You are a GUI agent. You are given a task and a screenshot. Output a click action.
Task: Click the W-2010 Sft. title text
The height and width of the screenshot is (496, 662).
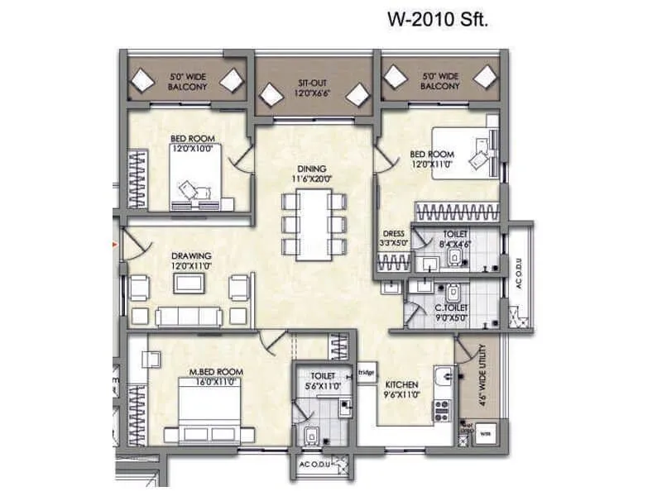439,19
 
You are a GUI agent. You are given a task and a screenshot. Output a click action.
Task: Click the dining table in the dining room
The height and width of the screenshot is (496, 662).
313,224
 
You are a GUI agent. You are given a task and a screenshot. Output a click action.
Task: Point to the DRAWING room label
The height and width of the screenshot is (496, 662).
192,255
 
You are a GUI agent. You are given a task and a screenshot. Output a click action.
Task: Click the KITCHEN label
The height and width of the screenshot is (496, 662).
400,385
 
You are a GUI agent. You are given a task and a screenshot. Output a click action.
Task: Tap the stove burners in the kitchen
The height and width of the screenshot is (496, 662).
443,406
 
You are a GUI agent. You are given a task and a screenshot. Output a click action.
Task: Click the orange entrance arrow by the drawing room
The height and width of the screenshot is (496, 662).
116,243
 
